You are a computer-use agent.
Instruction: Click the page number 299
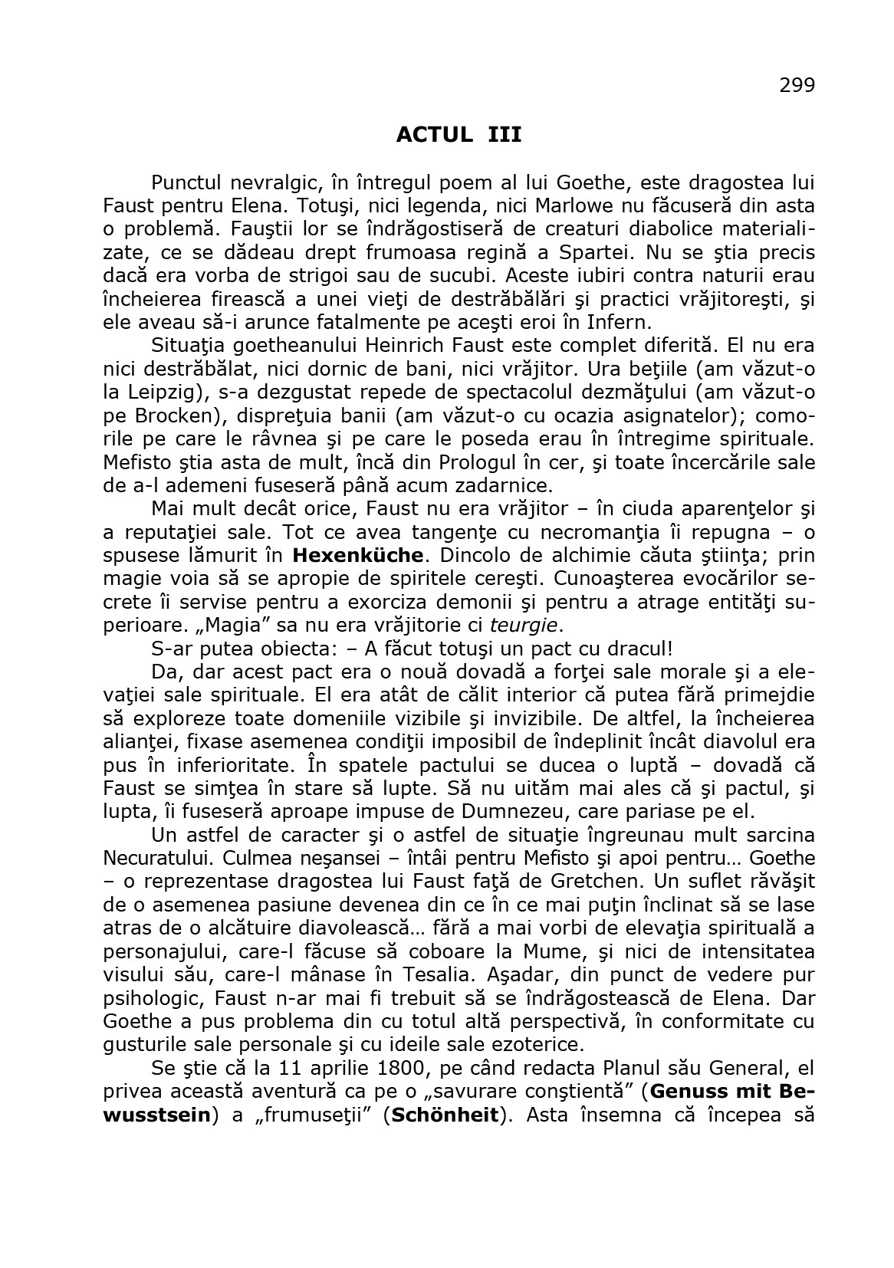[797, 85]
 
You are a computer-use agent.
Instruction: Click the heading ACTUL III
[459, 135]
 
